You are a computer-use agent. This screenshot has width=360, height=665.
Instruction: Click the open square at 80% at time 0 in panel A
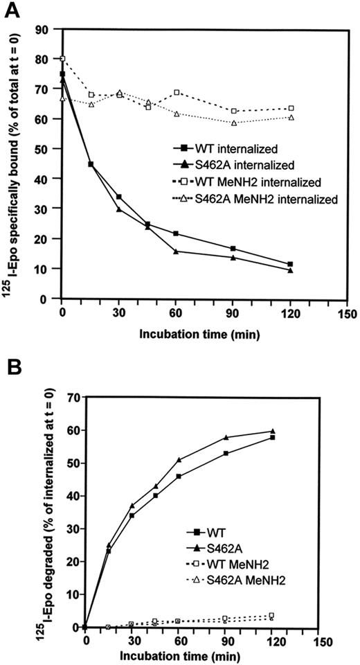[63, 59]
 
